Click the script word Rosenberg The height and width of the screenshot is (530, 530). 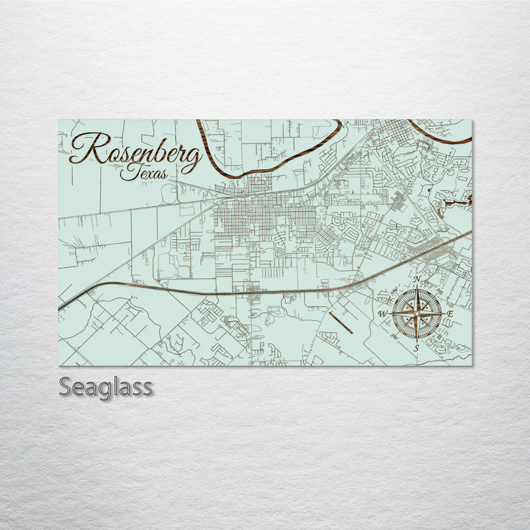[136, 151]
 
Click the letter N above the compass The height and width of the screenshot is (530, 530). [417, 280]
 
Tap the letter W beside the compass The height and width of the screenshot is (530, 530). [382, 314]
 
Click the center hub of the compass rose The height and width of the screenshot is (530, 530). [417, 314]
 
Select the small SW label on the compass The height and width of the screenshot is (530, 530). [398, 333]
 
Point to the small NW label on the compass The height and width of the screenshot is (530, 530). [398, 296]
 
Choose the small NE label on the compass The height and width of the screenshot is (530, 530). [435, 296]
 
